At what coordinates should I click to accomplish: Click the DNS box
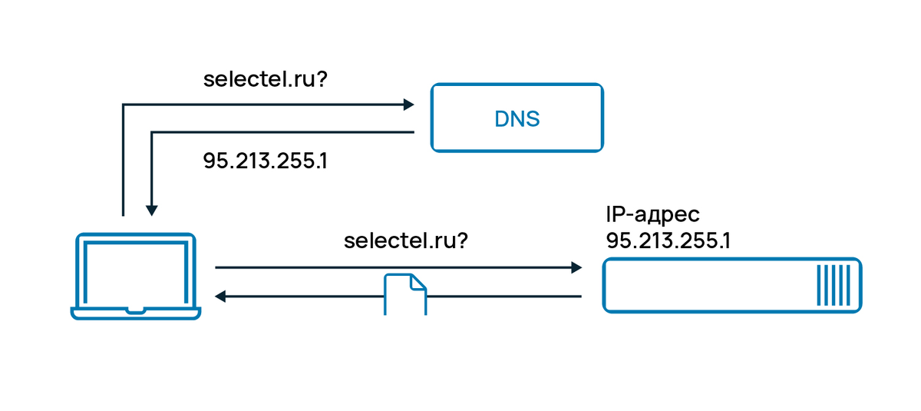point(516,118)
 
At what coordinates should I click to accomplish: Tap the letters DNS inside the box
point(516,119)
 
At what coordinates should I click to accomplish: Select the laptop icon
point(136,275)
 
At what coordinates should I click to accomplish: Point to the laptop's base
point(136,313)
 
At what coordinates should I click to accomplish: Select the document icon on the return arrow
point(404,295)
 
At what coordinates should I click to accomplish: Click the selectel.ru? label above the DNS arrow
point(265,79)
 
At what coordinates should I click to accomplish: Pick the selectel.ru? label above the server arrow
point(406,240)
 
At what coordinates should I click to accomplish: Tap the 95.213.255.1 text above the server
point(668,240)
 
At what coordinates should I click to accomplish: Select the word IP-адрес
point(652,214)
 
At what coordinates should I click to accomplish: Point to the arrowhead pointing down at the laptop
point(152,209)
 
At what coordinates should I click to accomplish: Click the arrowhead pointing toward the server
point(576,267)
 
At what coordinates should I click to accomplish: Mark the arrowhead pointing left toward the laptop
point(220,296)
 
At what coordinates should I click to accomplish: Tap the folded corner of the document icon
point(418,282)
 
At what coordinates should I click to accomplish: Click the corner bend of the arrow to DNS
point(123,104)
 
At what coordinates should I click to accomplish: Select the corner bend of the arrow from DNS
point(152,133)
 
